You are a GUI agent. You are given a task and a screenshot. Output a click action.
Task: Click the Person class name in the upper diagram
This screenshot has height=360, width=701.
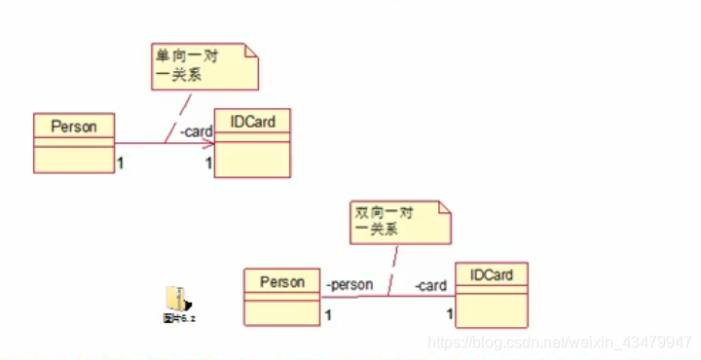point(73,126)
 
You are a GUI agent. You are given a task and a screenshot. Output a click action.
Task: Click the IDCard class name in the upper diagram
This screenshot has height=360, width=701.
point(252,122)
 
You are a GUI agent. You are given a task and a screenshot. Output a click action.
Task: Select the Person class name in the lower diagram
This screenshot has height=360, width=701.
point(282,282)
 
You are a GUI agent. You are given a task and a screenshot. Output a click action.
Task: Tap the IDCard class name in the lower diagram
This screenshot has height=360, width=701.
point(492,275)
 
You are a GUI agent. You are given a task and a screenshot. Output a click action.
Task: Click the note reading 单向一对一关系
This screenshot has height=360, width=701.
point(204,64)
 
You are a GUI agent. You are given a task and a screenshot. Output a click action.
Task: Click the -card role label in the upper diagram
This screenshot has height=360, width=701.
point(195,131)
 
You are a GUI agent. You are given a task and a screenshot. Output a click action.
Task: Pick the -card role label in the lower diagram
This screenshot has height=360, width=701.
point(429,285)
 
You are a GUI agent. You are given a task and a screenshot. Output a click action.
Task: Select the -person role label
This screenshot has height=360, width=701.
point(350,284)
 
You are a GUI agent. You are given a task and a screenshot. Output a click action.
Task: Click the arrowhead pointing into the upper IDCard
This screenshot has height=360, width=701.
point(208,144)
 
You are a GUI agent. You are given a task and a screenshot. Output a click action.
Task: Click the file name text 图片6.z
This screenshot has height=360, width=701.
point(180,317)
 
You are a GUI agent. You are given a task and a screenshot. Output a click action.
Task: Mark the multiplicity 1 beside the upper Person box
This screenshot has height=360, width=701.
point(120,162)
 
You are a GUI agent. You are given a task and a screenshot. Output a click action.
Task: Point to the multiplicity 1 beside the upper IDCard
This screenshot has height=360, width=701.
point(207,162)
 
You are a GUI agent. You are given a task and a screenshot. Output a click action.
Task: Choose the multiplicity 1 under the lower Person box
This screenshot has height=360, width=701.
point(328,314)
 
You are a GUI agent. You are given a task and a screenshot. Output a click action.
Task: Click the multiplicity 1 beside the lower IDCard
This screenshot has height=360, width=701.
point(450,313)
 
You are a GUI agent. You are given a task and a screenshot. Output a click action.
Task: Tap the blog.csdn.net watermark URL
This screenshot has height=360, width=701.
point(560,342)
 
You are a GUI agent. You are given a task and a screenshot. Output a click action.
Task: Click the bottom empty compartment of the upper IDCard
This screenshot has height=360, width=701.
point(252,161)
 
